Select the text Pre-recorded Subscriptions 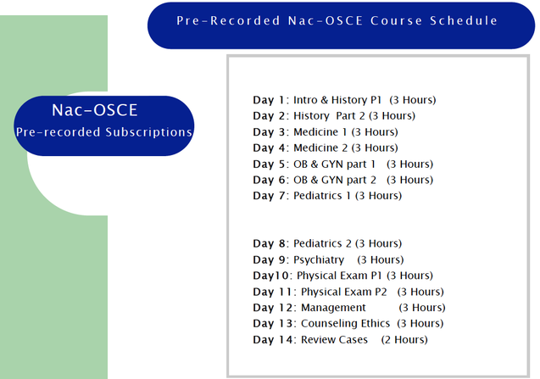(104, 132)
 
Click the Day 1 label (270, 100)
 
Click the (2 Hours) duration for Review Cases (404, 340)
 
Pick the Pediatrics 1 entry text (323, 196)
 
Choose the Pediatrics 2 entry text (324, 244)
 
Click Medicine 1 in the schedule (319, 132)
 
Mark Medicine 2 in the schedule (319, 148)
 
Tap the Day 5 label (270, 164)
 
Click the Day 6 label (270, 180)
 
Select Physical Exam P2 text (343, 292)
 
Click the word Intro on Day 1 (306, 100)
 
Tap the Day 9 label (270, 259)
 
